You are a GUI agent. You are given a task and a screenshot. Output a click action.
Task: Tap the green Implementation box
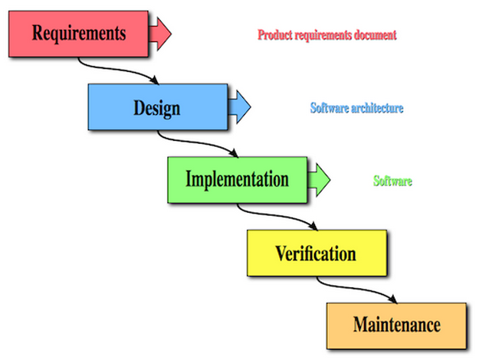(237, 179)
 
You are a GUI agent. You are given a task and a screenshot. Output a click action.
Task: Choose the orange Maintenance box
(395, 325)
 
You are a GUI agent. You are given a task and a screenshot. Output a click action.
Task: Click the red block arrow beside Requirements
(159, 34)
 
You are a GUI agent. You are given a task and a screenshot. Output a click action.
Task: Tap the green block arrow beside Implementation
(319, 179)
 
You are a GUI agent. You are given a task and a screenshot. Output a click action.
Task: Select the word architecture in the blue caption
(375, 108)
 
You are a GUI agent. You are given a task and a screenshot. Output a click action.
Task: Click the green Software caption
(392, 182)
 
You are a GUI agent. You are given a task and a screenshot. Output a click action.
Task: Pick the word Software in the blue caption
(327, 108)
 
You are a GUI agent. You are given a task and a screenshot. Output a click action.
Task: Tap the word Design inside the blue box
(157, 106)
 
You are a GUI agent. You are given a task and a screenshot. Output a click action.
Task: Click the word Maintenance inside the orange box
(396, 325)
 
